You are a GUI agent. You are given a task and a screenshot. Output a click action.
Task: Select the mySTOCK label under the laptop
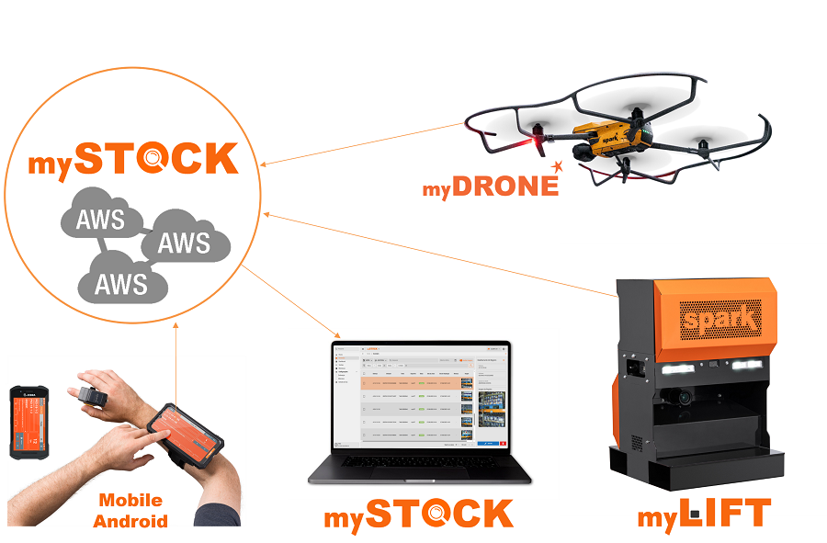point(418,515)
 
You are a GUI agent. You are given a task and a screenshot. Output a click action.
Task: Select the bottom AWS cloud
point(121,280)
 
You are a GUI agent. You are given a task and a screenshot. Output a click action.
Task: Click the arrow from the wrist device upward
point(175,363)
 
